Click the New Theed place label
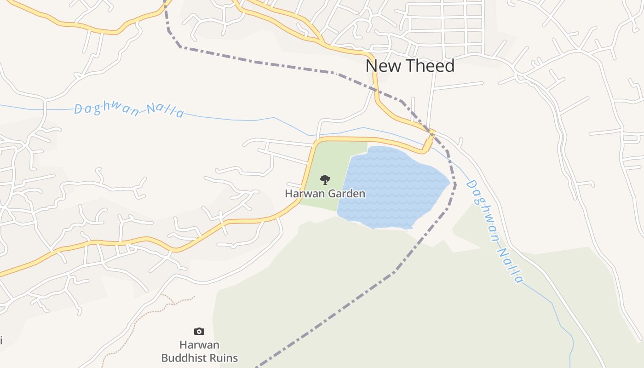click(410, 66)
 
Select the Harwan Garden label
click(325, 194)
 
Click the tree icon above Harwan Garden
click(325, 179)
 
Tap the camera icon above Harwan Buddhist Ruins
click(199, 331)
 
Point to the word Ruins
click(222, 358)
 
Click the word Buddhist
click(183, 358)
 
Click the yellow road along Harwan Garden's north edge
click(368, 139)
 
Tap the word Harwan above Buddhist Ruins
click(199, 345)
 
